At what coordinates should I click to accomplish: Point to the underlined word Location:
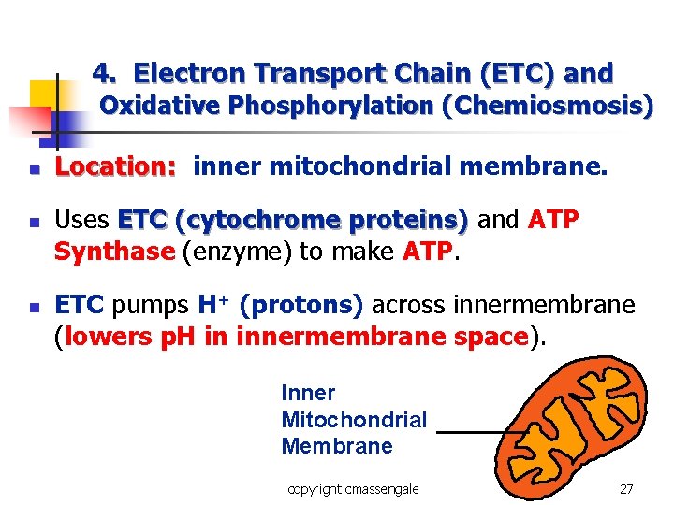tap(115, 167)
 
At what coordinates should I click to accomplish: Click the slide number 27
tap(626, 488)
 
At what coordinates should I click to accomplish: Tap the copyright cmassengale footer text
tap(353, 488)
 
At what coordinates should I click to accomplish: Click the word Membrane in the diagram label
tap(337, 446)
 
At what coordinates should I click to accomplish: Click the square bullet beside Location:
tap(33, 170)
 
